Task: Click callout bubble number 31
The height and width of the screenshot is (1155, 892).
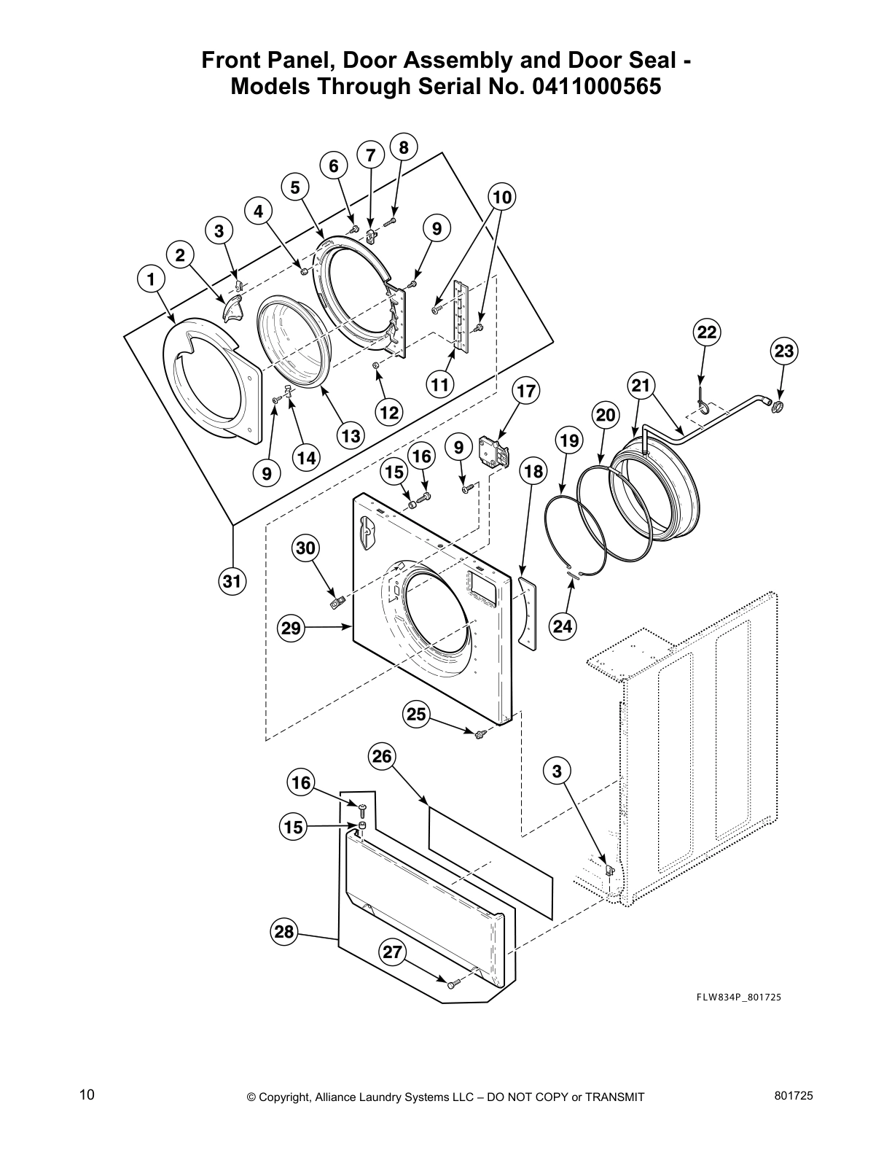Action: [x=231, y=582]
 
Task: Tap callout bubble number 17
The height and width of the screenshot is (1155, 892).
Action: [x=525, y=392]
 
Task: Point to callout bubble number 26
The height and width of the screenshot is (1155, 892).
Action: [x=383, y=757]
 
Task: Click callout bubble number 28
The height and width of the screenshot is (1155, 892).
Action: [x=283, y=932]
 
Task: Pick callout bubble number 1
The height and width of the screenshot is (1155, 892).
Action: [x=150, y=279]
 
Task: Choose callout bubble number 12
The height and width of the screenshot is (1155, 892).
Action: [x=388, y=413]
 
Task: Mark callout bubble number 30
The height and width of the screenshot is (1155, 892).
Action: [x=305, y=548]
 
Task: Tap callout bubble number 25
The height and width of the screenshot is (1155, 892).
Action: [x=416, y=715]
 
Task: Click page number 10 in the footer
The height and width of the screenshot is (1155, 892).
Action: [x=87, y=1094]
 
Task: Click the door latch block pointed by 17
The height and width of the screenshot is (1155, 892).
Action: [x=495, y=451]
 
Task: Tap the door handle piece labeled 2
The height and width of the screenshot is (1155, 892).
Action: [x=232, y=308]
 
